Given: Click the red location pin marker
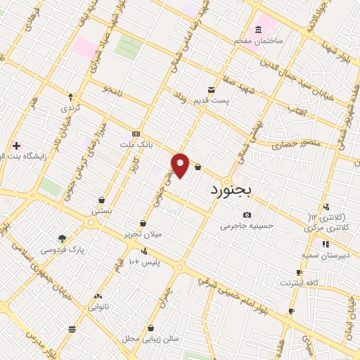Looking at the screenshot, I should coord(180,165).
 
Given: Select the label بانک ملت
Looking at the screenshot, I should coord(135,143).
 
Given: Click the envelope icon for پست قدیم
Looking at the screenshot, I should coord(212,89).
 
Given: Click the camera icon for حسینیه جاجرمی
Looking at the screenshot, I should coord(247,215).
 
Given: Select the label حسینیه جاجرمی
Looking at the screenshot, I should coord(247,226).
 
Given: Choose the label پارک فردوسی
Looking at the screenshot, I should coord(62,250).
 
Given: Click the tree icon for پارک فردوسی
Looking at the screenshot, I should coord(62,238).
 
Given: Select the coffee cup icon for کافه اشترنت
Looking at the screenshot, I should coord(300,272).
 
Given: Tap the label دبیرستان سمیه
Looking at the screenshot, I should coord(326,255).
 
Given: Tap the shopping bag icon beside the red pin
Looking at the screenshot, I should coord(198,167).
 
